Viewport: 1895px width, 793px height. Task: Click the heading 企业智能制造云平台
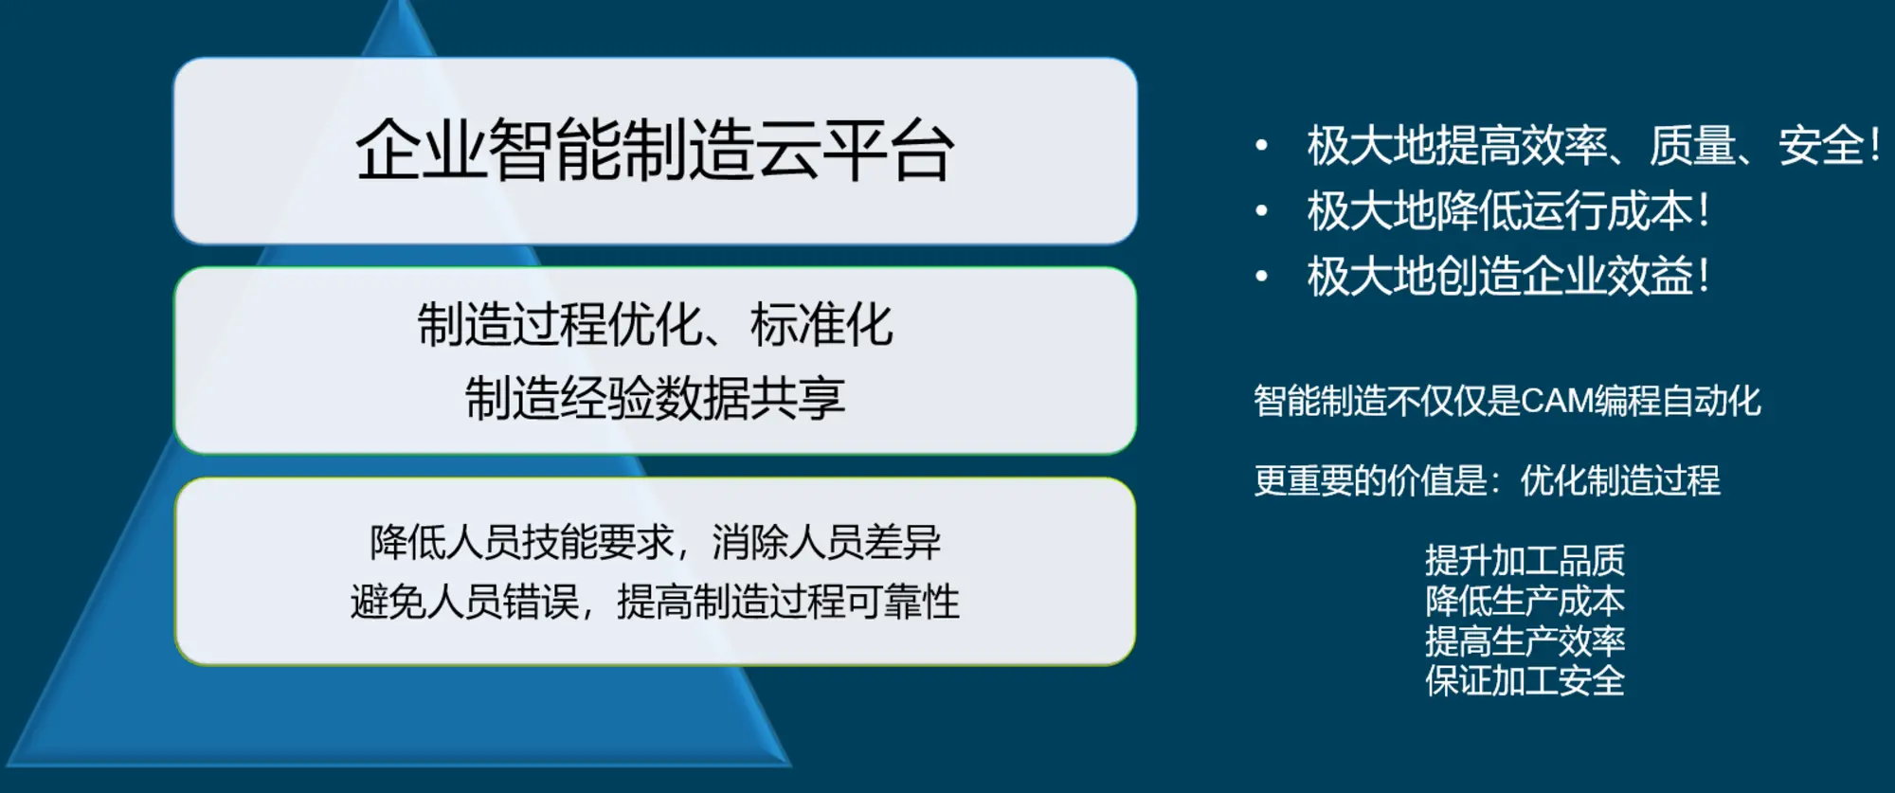tap(655, 151)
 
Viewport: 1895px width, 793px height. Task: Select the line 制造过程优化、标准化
tap(655, 325)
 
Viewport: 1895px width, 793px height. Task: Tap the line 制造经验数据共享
tap(655, 398)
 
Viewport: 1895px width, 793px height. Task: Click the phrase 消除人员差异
tap(827, 542)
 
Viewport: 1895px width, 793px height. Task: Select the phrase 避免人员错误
tap(464, 602)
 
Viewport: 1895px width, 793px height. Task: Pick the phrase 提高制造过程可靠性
tap(788, 602)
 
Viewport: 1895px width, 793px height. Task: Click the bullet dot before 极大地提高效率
tap(1261, 146)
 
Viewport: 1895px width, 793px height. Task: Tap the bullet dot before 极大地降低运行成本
tap(1261, 211)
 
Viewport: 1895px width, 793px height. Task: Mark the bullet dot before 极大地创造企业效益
tap(1261, 277)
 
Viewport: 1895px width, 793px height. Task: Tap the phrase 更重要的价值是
tap(1370, 480)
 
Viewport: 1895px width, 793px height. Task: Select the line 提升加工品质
tap(1525, 561)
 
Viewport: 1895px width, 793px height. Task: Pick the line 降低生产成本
tap(1525, 601)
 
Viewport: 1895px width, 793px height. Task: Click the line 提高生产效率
tap(1525, 641)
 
